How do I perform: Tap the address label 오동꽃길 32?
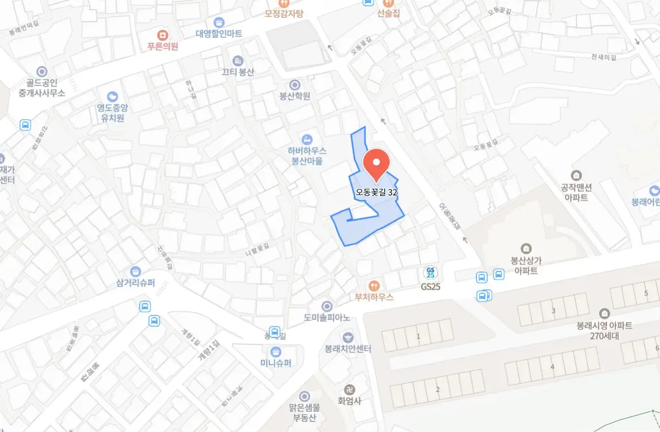[x=377, y=193]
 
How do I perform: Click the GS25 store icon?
[x=430, y=273]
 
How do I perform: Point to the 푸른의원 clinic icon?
[x=163, y=35]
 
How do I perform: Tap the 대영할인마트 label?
[x=219, y=33]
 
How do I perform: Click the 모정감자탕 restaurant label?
[x=284, y=13]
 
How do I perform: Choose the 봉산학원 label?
[x=295, y=96]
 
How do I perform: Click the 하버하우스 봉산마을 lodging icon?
[x=307, y=139]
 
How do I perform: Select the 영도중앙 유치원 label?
[x=112, y=113]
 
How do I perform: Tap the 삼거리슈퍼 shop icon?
[x=135, y=271]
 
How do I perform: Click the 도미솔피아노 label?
[x=327, y=318]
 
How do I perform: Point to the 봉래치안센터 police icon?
[x=348, y=337]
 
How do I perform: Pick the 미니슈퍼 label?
[x=275, y=363]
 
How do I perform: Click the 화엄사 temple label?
[x=350, y=401]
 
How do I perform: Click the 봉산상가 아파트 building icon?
[x=526, y=248]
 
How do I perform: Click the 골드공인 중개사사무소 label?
[x=42, y=87]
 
